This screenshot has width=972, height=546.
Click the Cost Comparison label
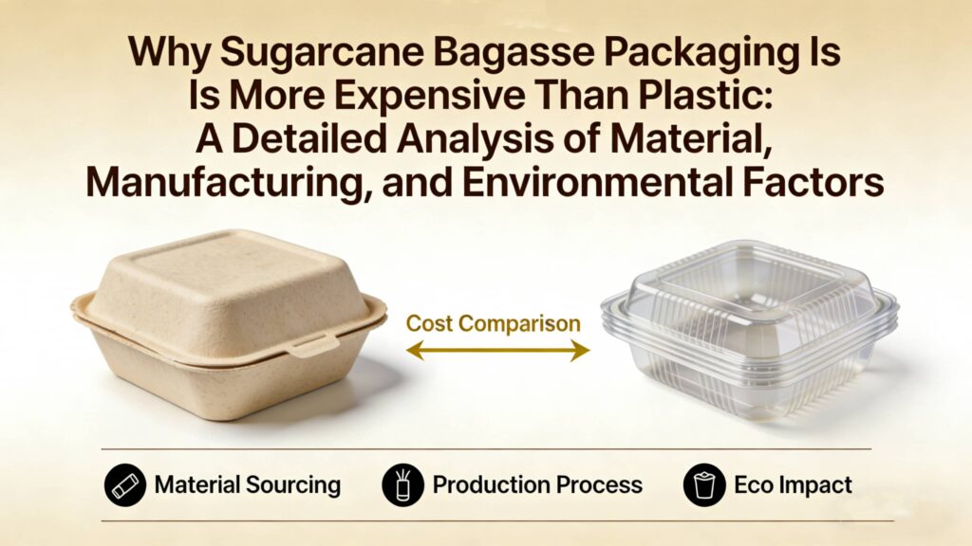[x=494, y=323]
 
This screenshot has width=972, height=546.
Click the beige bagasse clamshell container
[x=228, y=322]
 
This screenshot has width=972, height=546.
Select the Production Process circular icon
[x=402, y=485]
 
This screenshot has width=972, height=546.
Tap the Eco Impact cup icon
[x=703, y=485]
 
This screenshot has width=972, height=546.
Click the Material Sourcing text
[x=247, y=485]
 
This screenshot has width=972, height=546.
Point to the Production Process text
[x=537, y=485]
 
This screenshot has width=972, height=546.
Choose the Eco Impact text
[x=793, y=485]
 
